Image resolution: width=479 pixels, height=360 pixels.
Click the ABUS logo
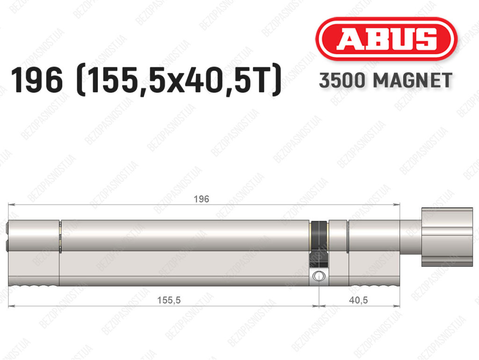[x=386, y=39]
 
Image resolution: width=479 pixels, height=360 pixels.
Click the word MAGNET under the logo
[x=413, y=81]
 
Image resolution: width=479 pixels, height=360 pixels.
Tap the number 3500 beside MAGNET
[x=342, y=81]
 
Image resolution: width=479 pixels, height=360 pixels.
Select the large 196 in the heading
[x=36, y=80]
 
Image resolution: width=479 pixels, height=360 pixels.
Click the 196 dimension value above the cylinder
[x=201, y=199]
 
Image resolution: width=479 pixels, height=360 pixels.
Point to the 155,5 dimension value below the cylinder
[x=168, y=300]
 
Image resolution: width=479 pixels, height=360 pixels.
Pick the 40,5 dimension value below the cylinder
[x=358, y=300]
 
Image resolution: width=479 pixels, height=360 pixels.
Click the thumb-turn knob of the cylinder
[x=447, y=237]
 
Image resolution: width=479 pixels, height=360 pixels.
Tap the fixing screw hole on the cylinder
[x=318, y=276]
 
